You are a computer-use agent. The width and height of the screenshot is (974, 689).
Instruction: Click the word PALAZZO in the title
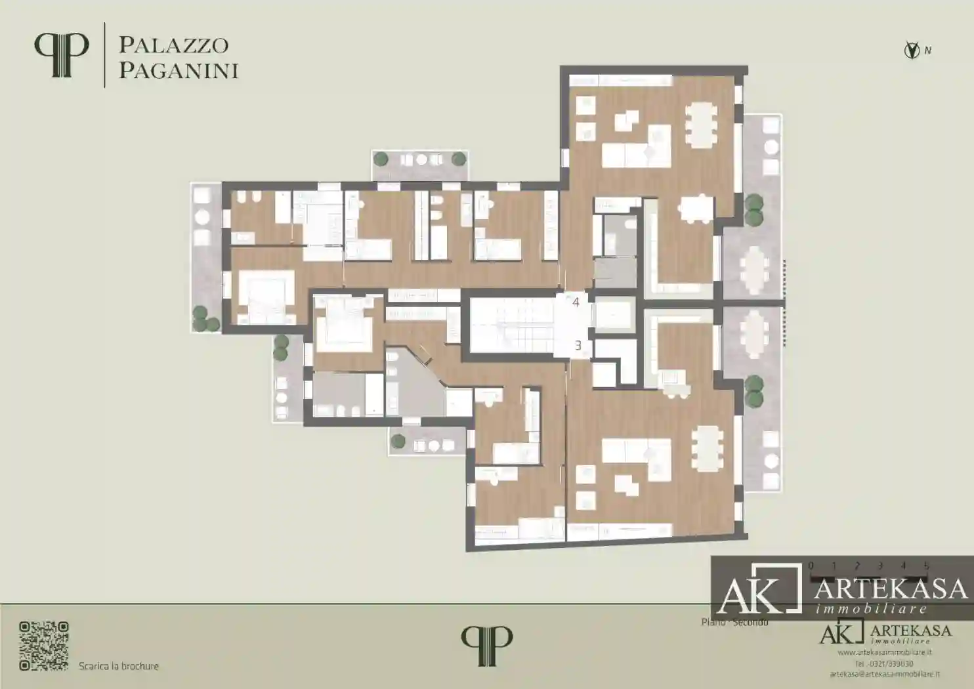(173, 45)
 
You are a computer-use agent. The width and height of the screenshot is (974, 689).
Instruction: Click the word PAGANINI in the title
(178, 70)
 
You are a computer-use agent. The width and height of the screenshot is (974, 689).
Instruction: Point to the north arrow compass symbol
(912, 50)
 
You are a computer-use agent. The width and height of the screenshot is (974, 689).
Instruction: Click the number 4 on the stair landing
(576, 303)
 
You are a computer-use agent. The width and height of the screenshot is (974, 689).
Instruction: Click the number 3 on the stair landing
(578, 345)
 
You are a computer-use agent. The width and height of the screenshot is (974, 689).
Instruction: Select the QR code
(44, 646)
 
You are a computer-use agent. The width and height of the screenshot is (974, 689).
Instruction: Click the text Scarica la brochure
(119, 666)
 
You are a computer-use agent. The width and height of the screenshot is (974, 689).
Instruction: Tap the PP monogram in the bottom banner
(486, 646)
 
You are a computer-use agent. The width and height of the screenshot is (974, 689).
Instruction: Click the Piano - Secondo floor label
(734, 621)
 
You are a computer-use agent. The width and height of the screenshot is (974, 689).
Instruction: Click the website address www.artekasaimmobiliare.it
(885, 652)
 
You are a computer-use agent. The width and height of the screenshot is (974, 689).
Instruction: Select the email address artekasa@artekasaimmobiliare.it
(884, 674)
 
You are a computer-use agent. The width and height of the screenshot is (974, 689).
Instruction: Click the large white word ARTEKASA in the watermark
(891, 589)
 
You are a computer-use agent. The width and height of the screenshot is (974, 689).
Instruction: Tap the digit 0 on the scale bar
(811, 566)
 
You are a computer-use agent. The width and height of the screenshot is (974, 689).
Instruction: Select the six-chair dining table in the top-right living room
(703, 125)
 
